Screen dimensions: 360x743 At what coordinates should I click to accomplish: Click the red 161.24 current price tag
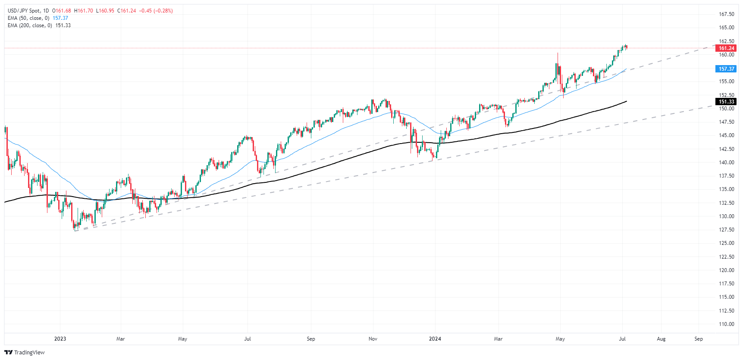726,48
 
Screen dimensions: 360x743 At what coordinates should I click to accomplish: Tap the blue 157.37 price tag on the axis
726,69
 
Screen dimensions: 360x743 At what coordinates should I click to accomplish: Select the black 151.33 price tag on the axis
726,102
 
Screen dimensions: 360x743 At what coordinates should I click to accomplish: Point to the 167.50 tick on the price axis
726,14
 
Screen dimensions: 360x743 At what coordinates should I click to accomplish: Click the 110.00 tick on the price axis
726,324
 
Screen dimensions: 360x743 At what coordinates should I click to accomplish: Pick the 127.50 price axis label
726,230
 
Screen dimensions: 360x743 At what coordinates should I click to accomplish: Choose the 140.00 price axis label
726,163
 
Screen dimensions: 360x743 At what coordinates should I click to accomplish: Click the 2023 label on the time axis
60,339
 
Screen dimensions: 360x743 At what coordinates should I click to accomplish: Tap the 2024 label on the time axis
435,339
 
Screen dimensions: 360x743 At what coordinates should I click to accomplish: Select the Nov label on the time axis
373,339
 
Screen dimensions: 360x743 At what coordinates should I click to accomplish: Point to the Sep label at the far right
699,339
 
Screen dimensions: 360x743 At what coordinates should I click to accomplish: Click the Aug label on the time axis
661,339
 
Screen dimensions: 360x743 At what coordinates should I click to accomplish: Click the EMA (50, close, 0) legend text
28,18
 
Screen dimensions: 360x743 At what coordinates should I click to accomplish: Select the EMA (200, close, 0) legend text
30,25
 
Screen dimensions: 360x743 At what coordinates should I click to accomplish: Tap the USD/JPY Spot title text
24,11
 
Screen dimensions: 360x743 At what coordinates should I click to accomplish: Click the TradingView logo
25,352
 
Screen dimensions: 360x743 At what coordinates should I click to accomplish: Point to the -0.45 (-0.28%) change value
156,11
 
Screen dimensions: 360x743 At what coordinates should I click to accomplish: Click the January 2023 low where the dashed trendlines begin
75,230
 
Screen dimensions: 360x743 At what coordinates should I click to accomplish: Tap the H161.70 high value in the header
84,11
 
